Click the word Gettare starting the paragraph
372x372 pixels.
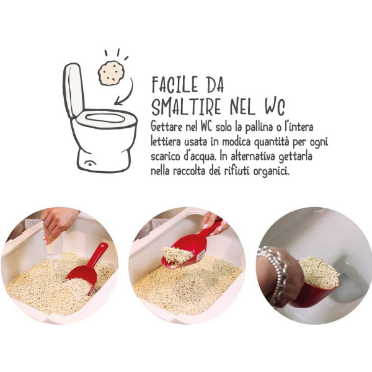(167, 126)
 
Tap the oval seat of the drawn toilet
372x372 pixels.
(105, 118)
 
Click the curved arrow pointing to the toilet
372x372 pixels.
(128, 93)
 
